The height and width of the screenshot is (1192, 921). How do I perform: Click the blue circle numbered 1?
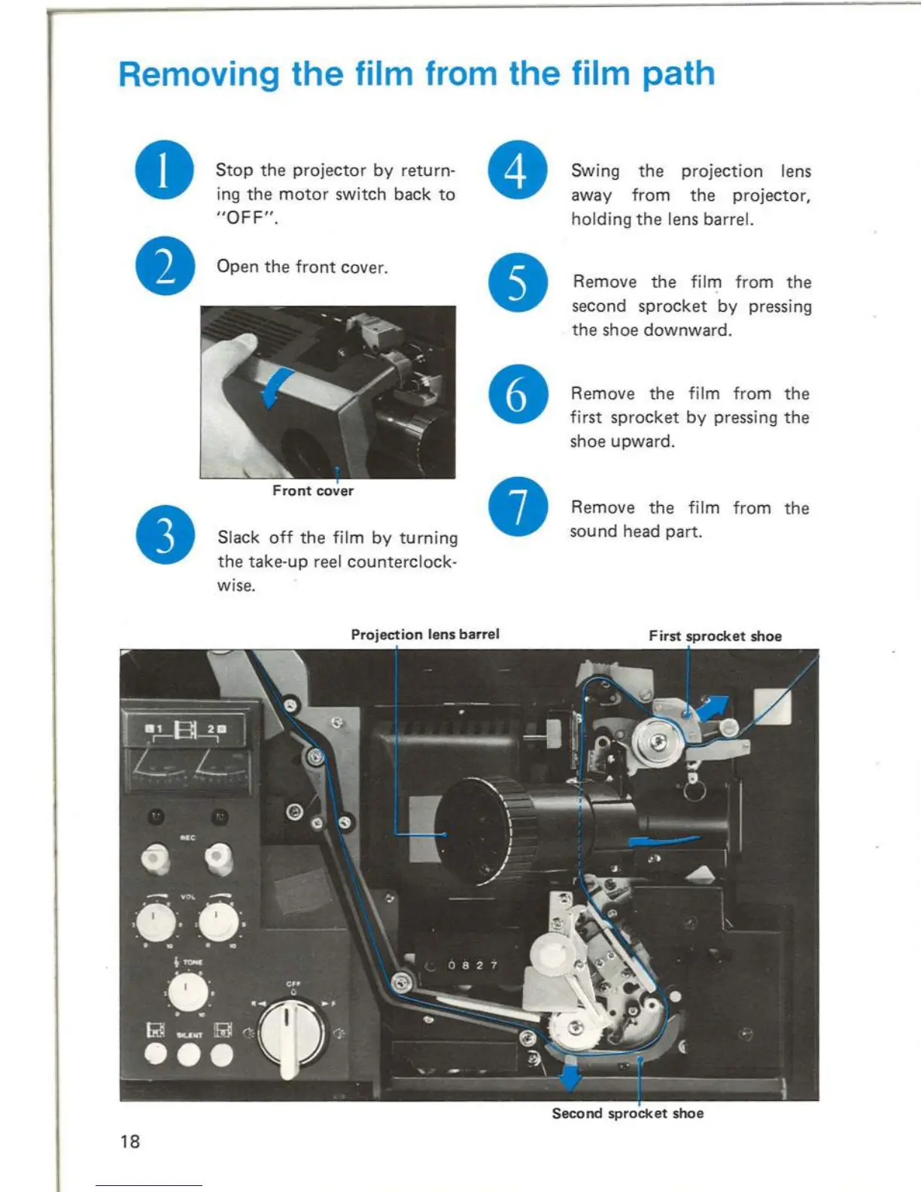tap(164, 170)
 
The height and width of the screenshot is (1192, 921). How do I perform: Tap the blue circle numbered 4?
tap(518, 170)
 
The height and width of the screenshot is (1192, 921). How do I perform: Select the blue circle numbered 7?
tap(518, 506)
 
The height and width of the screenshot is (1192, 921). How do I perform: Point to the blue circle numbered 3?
tap(165, 535)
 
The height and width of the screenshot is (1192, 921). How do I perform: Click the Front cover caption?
tap(312, 491)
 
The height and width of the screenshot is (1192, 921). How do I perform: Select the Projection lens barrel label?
tap(424, 634)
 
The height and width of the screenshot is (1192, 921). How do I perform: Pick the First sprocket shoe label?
tap(715, 636)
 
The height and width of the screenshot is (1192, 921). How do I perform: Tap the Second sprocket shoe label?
tap(628, 1113)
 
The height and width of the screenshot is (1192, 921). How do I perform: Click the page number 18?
tap(130, 1142)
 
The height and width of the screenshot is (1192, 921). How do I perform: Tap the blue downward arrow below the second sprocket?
tap(570, 1076)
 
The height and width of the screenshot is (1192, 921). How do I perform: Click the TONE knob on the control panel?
tap(187, 993)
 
